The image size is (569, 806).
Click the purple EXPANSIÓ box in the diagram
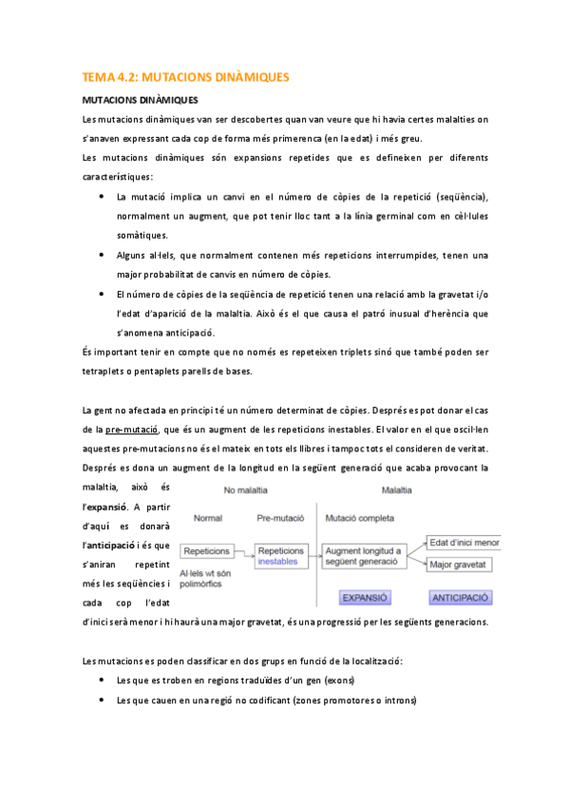tap(365, 599)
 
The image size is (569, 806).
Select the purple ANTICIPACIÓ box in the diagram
tap(460, 599)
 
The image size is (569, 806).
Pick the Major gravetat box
tap(472, 565)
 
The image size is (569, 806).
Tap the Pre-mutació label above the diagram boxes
tap(280, 519)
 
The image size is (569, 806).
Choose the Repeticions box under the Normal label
tap(209, 551)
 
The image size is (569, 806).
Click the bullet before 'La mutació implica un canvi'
tap(103, 197)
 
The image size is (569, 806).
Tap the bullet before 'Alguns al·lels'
tap(103, 256)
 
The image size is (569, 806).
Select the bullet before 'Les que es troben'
tap(103, 681)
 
